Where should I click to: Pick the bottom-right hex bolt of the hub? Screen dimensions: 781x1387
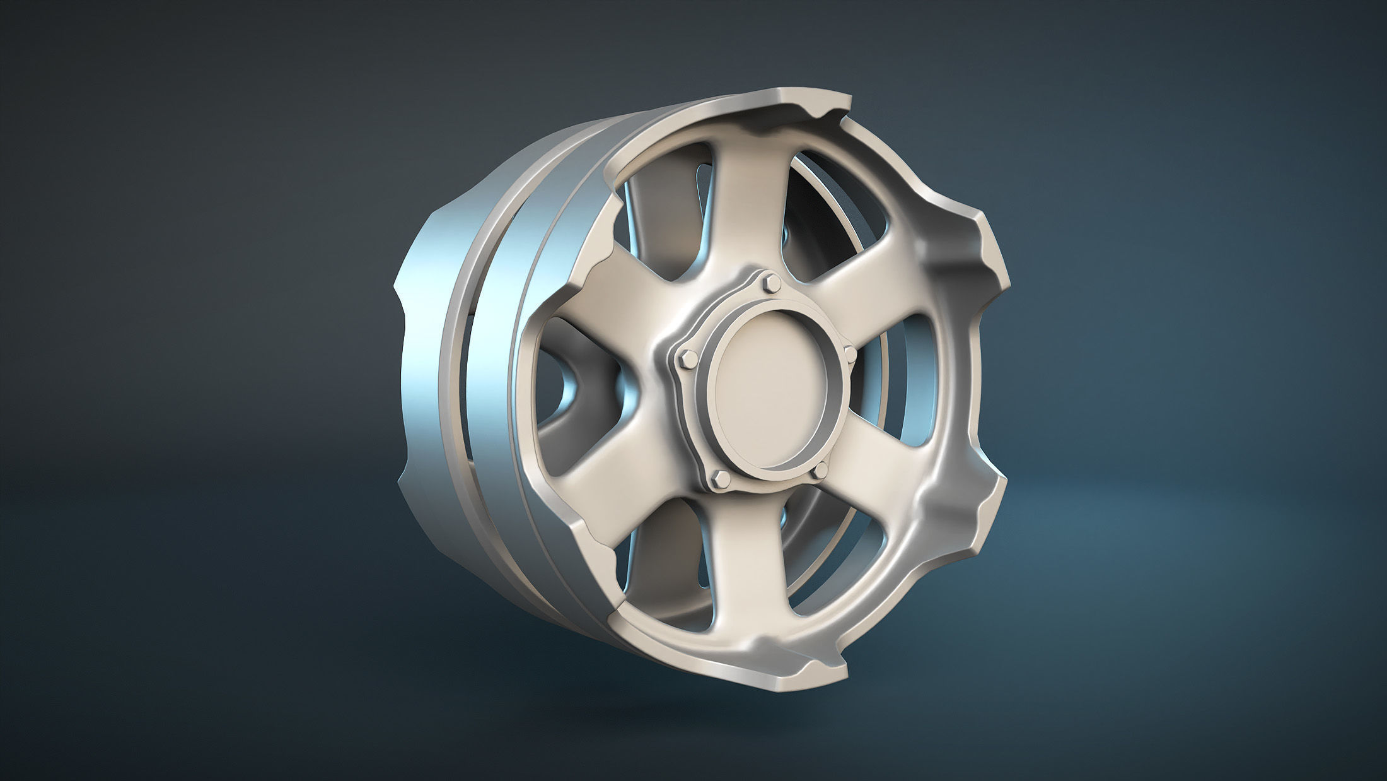pyautogui.click(x=820, y=471)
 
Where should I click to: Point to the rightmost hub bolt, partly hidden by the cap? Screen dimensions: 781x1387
pyautogui.click(x=849, y=354)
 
